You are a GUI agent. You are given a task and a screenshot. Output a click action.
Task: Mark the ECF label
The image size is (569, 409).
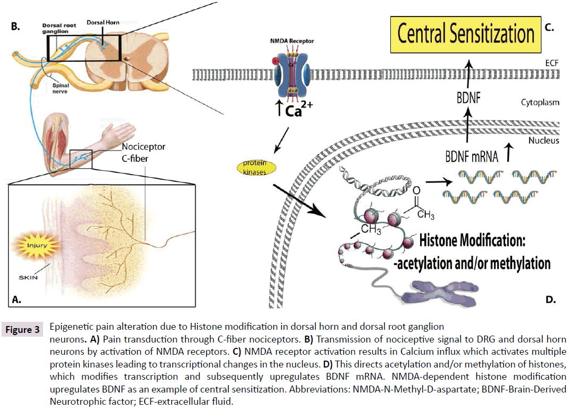point(551,63)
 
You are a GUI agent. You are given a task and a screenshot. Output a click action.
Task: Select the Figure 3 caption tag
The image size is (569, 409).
point(22,330)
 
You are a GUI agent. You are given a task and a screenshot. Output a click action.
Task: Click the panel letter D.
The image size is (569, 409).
point(550,299)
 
